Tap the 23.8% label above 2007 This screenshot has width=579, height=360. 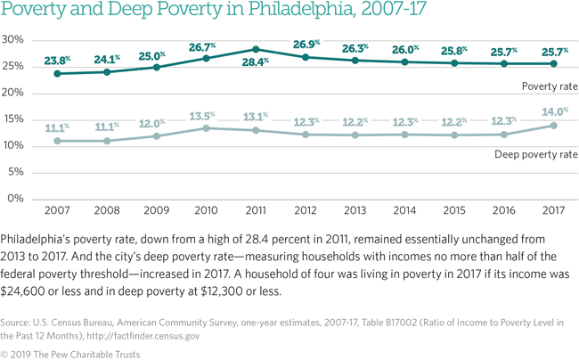pyautogui.click(x=58, y=61)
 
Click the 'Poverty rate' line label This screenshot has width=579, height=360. pyautogui.click(x=550, y=86)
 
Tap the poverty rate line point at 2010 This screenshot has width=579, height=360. pyautogui.click(x=205, y=58)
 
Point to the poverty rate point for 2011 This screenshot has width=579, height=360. pyautogui.click(x=255, y=49)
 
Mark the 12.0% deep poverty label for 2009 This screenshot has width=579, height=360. pyautogui.click(x=156, y=122)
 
